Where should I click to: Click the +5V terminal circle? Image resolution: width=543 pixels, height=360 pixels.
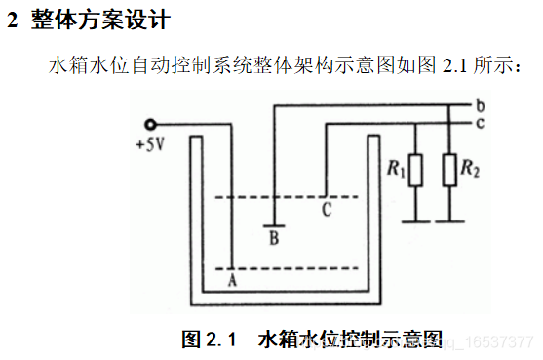[x=150, y=125]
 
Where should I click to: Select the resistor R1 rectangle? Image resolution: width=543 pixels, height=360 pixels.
[x=416, y=171]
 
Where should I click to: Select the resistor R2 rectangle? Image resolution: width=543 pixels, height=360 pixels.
[x=449, y=171]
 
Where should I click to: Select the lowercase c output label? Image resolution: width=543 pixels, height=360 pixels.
[x=482, y=122]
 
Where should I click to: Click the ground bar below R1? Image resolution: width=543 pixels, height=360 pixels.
[x=416, y=220]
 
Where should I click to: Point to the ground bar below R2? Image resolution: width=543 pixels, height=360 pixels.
[x=449, y=220]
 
